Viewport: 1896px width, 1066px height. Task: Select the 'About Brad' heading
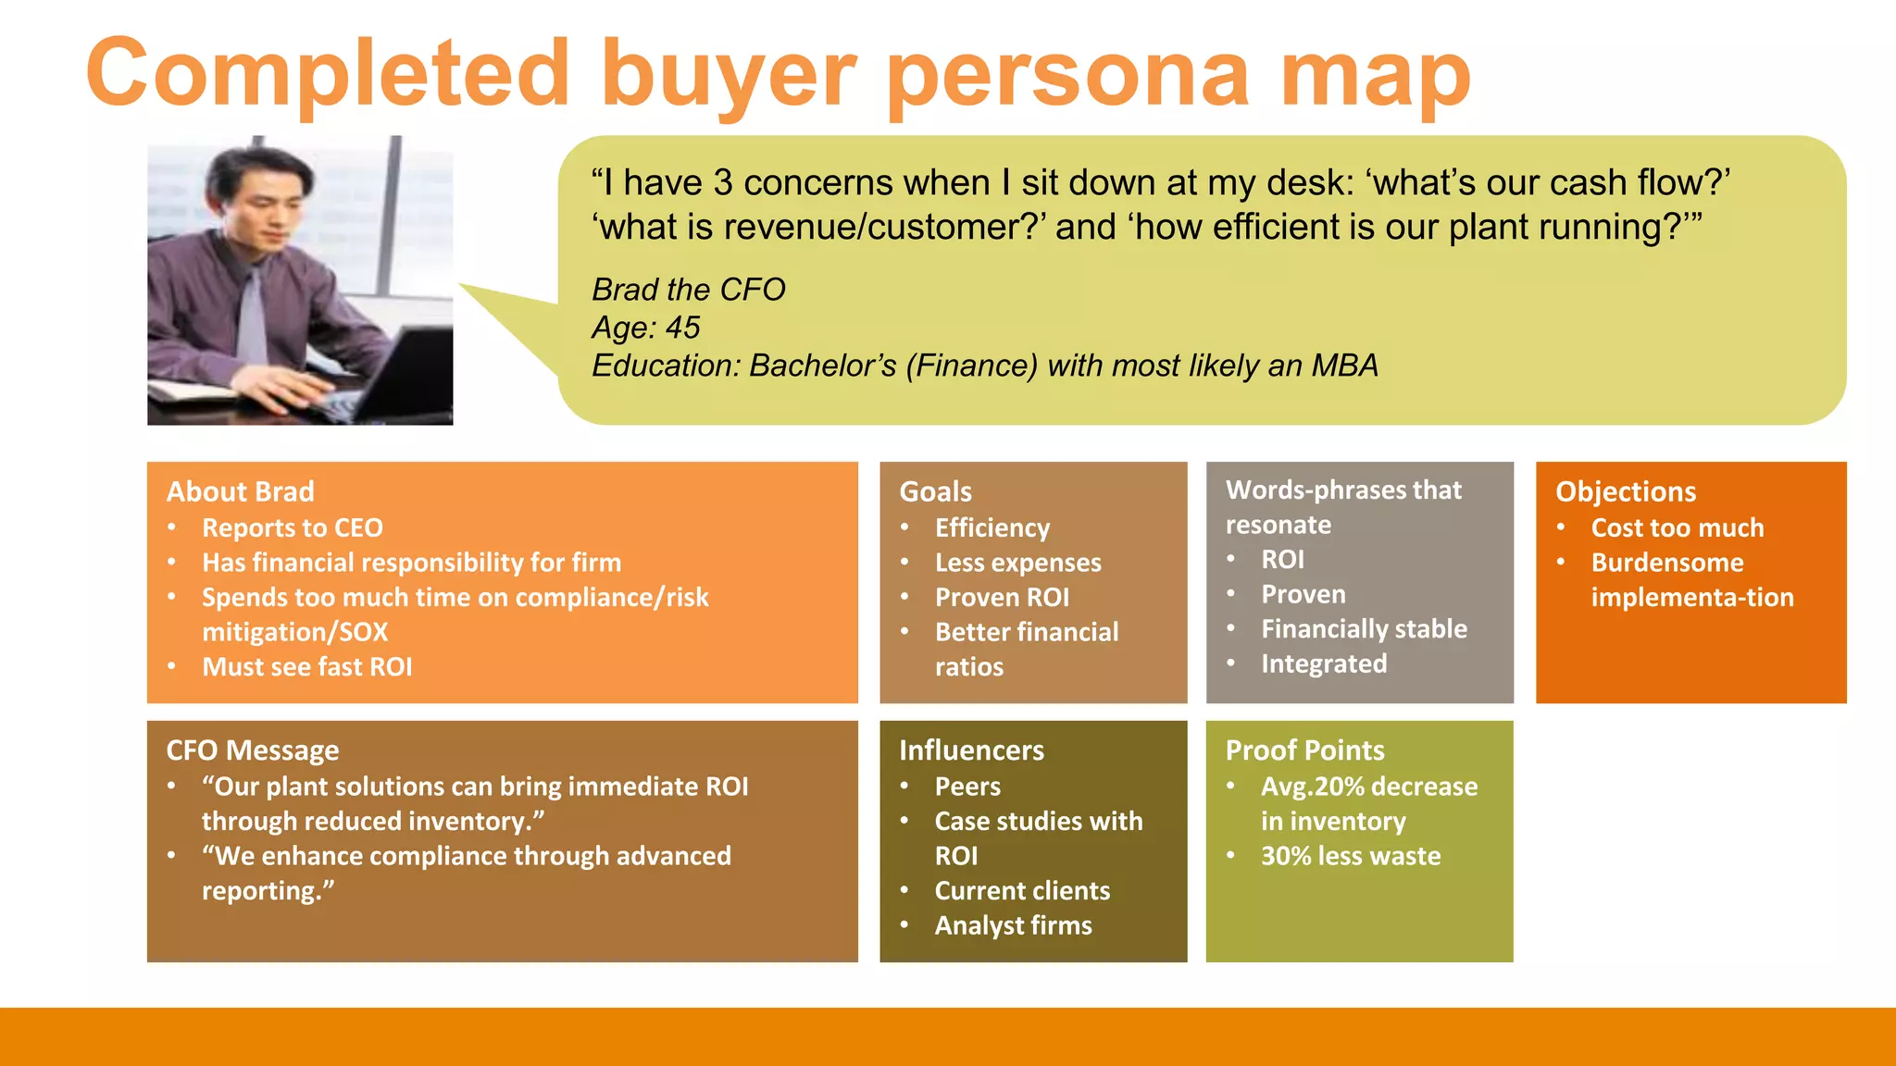(x=241, y=491)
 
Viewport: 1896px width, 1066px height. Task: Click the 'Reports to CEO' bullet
(x=293, y=527)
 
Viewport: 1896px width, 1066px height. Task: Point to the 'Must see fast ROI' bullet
(x=307, y=666)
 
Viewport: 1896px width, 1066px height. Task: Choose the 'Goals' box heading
(x=936, y=491)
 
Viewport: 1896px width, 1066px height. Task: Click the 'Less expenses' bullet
(x=1018, y=563)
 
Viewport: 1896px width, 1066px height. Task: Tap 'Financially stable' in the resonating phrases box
(x=1364, y=629)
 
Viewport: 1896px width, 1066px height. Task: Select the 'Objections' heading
(x=1626, y=491)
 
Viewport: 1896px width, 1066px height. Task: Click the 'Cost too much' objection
(x=1678, y=527)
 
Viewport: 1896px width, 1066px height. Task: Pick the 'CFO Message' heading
(x=253, y=750)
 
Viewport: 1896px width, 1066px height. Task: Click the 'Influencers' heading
(x=971, y=750)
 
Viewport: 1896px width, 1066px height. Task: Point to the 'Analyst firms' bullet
(x=1013, y=925)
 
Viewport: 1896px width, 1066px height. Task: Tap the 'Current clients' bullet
(x=1022, y=890)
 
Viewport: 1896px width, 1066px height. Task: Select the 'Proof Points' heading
(x=1304, y=750)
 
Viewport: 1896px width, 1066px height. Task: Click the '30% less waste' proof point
(x=1351, y=856)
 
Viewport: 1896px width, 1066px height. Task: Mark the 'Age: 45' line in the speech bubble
(x=646, y=328)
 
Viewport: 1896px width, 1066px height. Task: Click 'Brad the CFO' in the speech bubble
(x=689, y=290)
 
